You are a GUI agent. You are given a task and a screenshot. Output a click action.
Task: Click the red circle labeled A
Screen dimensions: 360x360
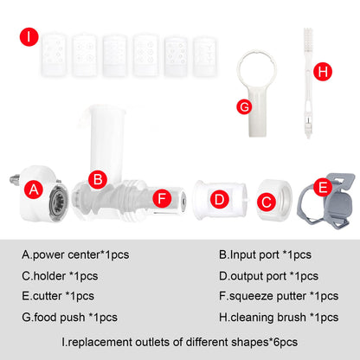(x=34, y=190)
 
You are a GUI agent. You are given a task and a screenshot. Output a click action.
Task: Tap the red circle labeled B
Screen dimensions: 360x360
(x=98, y=179)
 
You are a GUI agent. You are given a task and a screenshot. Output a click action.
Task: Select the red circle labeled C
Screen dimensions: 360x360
(x=267, y=202)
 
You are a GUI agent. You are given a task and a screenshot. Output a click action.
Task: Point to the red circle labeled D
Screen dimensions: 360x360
(x=220, y=199)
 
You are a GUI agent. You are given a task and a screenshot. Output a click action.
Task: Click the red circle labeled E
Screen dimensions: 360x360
(x=323, y=187)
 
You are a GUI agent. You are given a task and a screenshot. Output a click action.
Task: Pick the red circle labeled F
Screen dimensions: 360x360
(x=162, y=198)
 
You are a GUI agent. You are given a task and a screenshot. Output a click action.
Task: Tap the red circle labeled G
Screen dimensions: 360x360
(x=244, y=106)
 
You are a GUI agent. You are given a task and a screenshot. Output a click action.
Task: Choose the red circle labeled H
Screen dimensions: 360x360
(x=323, y=71)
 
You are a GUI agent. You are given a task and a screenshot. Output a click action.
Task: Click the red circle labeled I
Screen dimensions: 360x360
(x=29, y=36)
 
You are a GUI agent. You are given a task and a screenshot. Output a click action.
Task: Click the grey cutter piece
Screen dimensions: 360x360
(x=326, y=201)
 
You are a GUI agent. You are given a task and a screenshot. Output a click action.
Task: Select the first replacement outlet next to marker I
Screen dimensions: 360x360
(x=55, y=55)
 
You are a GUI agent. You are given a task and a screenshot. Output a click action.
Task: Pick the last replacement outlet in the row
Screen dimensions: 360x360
(x=204, y=56)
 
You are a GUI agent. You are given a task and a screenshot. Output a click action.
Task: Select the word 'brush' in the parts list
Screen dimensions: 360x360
(x=292, y=318)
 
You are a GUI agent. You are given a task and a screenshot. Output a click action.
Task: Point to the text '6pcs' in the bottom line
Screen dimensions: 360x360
(x=286, y=343)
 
